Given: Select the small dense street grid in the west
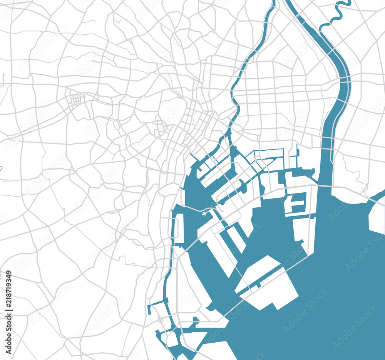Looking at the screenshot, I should coord(77,99).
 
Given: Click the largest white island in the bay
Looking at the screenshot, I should coord(268,283).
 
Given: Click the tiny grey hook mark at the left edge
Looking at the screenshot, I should coord(1,168).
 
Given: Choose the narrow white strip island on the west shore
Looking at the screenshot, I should coord(179,229).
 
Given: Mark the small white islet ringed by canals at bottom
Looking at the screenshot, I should coord(171,339).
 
